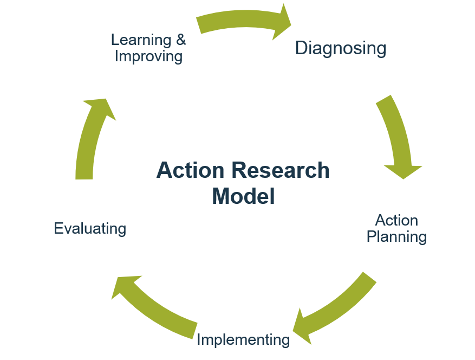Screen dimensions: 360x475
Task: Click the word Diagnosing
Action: [340, 48]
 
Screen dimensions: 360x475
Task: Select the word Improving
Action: [148, 56]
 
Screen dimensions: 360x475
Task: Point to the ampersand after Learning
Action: [180, 40]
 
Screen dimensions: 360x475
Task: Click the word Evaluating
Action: [90, 228]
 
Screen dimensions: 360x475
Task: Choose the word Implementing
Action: [243, 340]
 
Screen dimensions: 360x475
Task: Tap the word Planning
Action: [396, 237]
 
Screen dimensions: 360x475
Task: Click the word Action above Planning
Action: [396, 220]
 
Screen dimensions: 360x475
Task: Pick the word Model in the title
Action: [243, 196]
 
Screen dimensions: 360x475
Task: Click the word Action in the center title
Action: [190, 170]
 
